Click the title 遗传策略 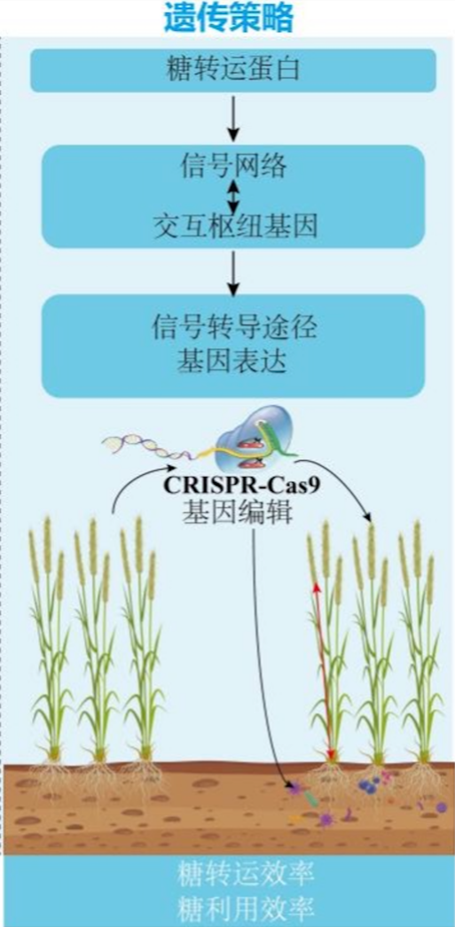point(228,18)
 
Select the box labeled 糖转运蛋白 point(233,70)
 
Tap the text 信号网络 point(233,167)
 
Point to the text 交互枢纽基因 point(234,225)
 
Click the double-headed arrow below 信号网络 point(234,196)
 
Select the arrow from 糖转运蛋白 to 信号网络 point(234,118)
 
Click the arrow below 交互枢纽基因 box point(234,273)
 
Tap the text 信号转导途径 point(234,326)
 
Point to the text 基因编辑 point(237,512)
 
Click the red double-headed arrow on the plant point(324,671)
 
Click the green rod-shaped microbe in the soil point(311,798)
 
